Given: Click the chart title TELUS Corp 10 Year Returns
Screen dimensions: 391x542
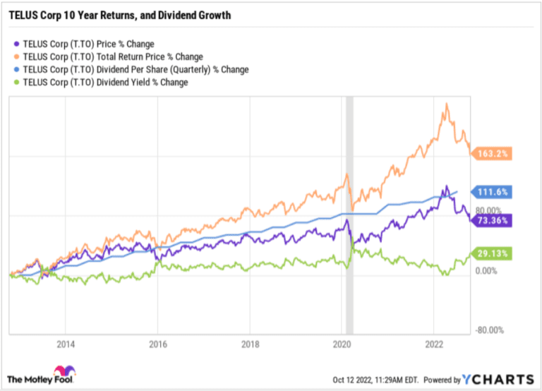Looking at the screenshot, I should [x=119, y=14].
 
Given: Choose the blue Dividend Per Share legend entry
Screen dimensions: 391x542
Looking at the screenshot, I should [x=131, y=69].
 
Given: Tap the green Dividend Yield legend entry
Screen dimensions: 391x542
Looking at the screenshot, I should [x=102, y=82].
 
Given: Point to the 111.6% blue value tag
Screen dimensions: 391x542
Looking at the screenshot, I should [x=491, y=191].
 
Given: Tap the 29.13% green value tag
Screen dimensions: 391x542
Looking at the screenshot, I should [x=491, y=253].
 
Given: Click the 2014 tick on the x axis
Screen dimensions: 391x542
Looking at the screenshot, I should [x=66, y=344].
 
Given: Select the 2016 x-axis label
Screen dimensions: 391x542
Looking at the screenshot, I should [x=158, y=344].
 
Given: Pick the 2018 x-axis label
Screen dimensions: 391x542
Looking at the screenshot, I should [x=250, y=344].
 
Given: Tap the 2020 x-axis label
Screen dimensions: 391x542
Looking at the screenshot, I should [x=342, y=344].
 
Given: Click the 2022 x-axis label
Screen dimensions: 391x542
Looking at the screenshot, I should [x=433, y=344].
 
